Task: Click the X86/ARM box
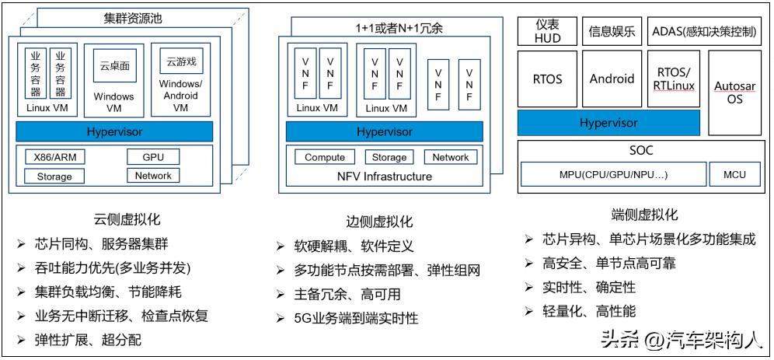54,157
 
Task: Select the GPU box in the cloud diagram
153,157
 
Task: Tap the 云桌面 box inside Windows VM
114,66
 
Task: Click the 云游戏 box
180,61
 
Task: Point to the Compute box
325,157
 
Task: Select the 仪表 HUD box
547,31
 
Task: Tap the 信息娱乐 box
612,31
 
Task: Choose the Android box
612,79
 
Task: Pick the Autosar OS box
734,93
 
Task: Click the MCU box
734,174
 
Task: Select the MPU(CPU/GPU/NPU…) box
612,174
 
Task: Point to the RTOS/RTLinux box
672,79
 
